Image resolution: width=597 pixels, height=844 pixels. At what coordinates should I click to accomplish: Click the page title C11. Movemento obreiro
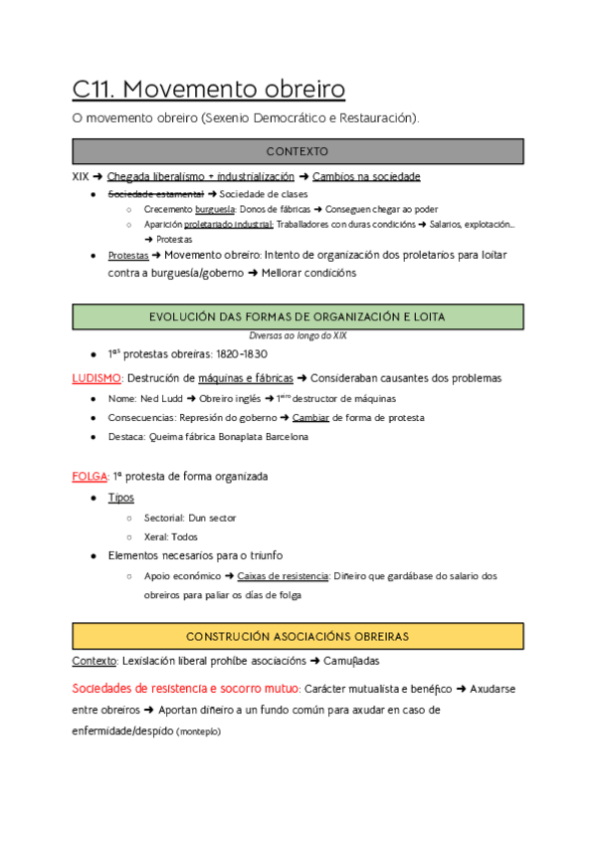(x=209, y=89)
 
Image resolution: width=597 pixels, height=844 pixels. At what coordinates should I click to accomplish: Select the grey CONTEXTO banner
(x=298, y=151)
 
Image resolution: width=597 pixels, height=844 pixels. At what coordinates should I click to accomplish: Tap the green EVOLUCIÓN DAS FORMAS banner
(x=298, y=316)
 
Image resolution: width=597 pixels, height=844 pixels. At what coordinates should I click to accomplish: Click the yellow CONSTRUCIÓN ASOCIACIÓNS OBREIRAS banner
(x=298, y=635)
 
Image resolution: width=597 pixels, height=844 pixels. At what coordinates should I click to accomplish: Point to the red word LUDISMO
(x=97, y=378)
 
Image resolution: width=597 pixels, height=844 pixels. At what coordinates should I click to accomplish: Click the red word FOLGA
(x=90, y=477)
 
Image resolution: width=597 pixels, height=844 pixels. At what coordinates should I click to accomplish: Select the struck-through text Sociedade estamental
(x=153, y=193)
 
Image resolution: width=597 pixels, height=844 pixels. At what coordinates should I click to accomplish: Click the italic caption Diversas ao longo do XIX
(x=298, y=336)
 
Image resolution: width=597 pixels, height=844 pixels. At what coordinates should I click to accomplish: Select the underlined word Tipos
(x=120, y=498)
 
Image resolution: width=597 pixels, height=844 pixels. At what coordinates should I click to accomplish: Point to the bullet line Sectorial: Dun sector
(x=190, y=518)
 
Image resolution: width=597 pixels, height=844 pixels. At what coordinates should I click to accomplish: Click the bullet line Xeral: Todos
(x=170, y=536)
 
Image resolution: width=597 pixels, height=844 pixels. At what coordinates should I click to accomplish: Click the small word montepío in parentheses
(x=198, y=732)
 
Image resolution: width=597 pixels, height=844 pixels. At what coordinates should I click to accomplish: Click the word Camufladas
(x=355, y=661)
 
